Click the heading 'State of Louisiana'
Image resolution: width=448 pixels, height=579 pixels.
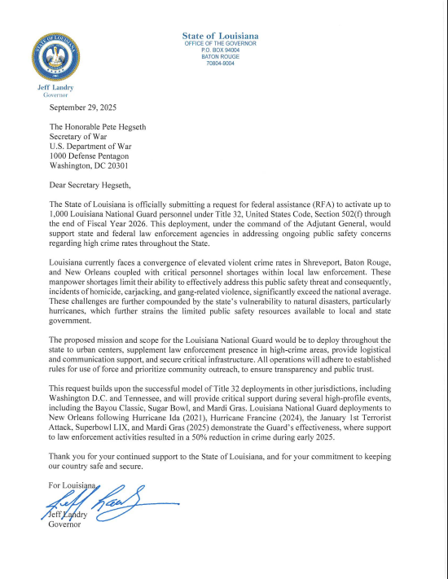point(220,36)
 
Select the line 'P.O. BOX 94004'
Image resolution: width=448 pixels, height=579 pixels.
point(220,50)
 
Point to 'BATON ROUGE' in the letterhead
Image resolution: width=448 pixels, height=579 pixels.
point(220,56)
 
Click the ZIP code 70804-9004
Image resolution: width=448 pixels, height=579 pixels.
point(220,63)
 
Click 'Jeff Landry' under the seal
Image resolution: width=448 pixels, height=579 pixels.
point(55,87)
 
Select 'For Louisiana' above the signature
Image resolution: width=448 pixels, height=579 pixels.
point(72,486)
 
